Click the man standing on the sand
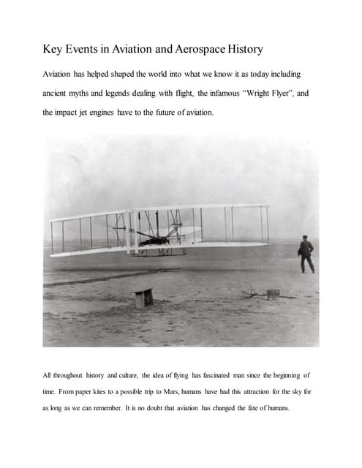(x=306, y=254)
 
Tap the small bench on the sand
(x=143, y=298)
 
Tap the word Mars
(x=186, y=392)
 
